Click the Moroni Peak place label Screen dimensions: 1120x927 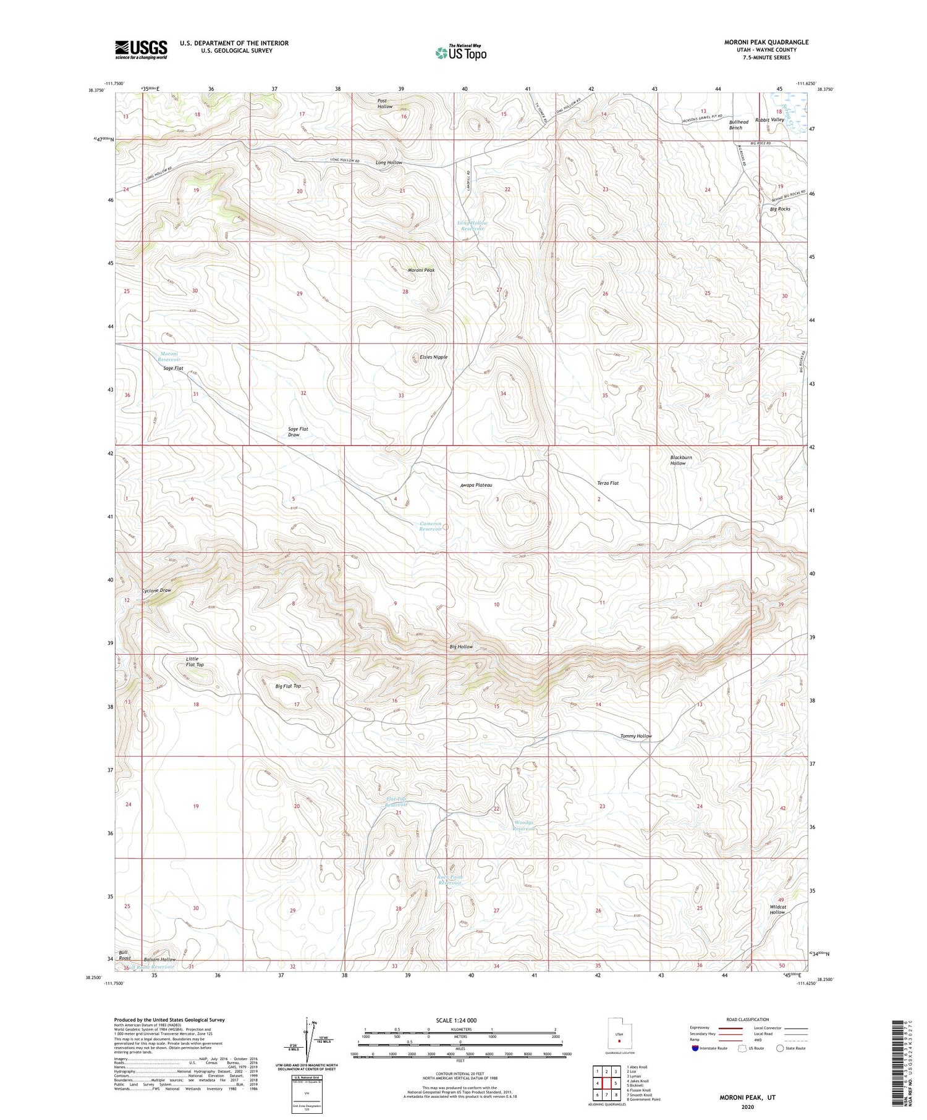pos(421,270)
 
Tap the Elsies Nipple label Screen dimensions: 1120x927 pos(433,357)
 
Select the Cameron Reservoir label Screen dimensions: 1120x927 pos(431,526)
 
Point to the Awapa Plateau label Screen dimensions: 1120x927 pos(476,485)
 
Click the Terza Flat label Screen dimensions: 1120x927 pos(607,483)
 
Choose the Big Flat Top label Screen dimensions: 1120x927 pos(288,686)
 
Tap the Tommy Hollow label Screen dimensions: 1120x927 pos(636,736)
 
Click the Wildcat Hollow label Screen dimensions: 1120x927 pos(777,909)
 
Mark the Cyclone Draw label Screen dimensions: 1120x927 pos(156,590)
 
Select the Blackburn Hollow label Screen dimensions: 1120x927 pos(681,460)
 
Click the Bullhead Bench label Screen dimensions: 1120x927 pos(738,125)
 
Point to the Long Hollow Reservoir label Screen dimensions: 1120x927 pos(472,225)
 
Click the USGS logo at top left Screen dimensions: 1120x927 pos(141,49)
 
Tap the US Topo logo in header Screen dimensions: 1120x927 pos(460,53)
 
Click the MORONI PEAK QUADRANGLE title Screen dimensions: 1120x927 pos(766,42)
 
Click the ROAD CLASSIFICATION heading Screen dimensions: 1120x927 pos(747,1019)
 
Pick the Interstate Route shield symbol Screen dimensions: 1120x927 pos(696,1048)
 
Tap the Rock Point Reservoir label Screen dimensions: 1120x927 pos(450,880)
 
